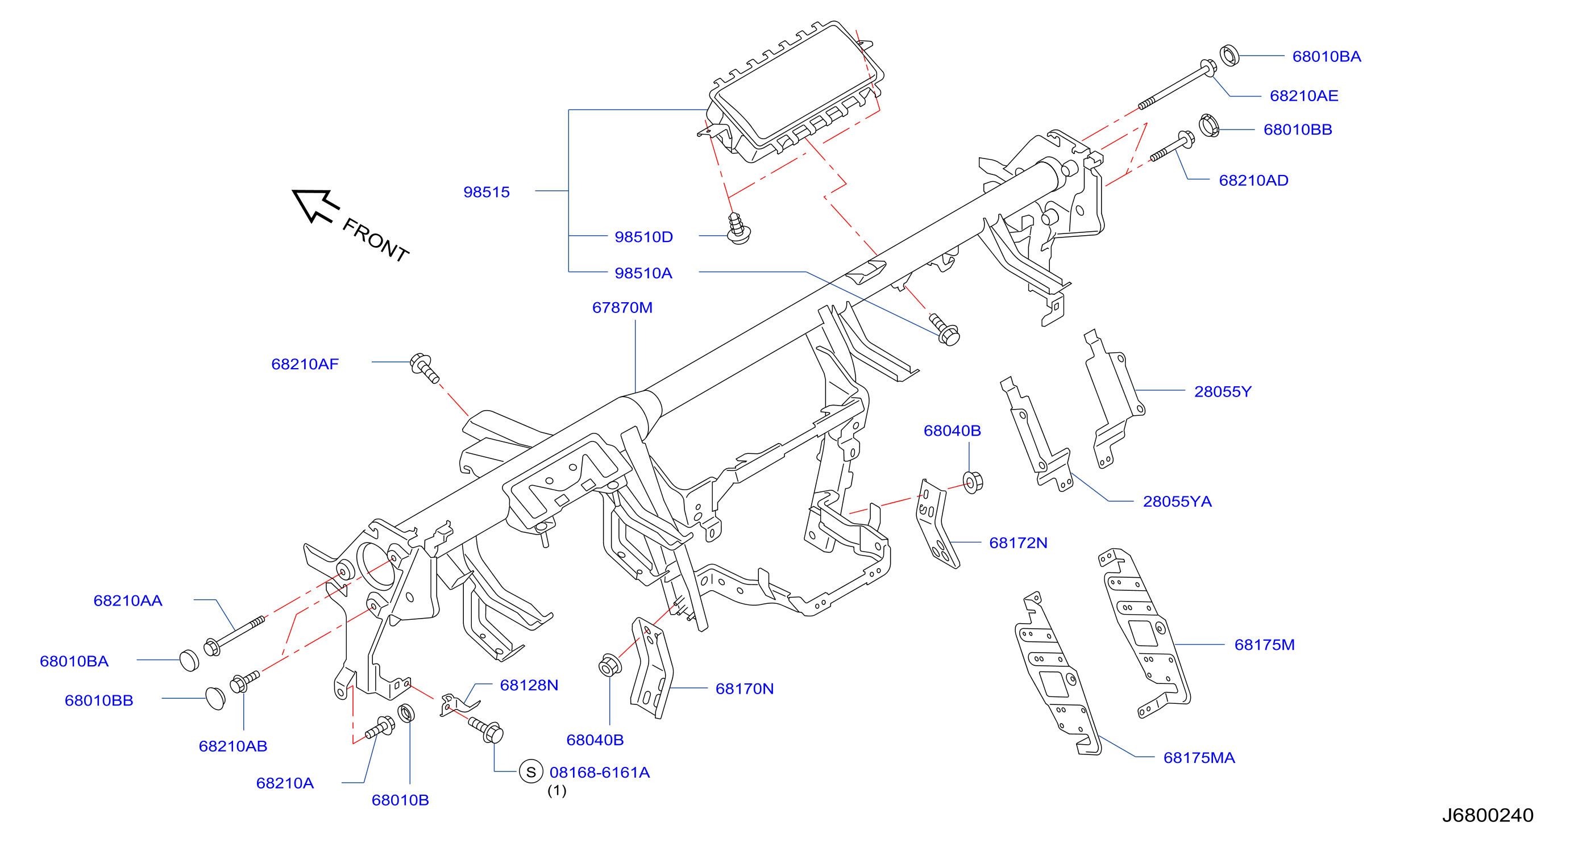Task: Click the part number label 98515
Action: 487,192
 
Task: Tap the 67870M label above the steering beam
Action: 622,308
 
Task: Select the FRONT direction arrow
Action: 316,206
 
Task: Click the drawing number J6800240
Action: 1488,815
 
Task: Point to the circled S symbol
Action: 531,772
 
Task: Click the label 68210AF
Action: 305,364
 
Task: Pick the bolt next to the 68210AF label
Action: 425,368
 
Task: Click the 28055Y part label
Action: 1223,392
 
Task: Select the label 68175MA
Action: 1199,758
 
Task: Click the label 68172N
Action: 1019,543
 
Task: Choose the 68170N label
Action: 745,689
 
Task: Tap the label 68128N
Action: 529,685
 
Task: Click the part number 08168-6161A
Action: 600,773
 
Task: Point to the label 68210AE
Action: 1304,96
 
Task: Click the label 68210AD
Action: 1254,180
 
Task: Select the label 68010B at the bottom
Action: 401,800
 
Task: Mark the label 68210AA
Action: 128,600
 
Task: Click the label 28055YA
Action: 1178,502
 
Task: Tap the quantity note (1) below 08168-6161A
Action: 556,790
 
